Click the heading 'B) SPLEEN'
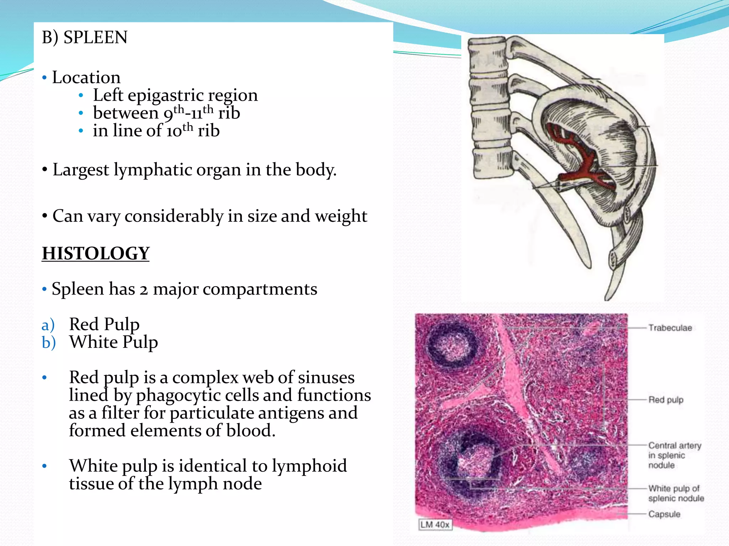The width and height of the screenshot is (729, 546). click(x=84, y=37)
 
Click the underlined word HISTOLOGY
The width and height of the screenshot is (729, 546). click(x=95, y=253)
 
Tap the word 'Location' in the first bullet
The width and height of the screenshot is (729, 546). click(x=86, y=77)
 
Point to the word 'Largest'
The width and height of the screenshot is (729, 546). click(x=80, y=170)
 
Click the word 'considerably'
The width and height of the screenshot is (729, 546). click(x=174, y=216)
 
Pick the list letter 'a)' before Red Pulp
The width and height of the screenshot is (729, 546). click(x=48, y=325)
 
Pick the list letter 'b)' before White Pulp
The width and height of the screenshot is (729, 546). click(x=49, y=343)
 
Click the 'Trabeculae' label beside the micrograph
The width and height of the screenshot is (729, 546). click(x=670, y=328)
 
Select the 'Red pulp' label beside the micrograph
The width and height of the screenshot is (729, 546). click(x=666, y=400)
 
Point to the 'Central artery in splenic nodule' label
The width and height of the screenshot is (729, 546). click(x=674, y=455)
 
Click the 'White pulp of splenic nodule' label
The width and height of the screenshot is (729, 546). click(x=676, y=493)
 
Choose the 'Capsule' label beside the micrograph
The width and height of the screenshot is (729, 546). click(x=664, y=514)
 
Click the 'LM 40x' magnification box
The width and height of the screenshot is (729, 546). click(x=435, y=525)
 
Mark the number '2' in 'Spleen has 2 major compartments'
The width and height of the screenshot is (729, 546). click(x=143, y=289)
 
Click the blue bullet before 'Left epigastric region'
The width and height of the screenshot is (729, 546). click(x=81, y=96)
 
